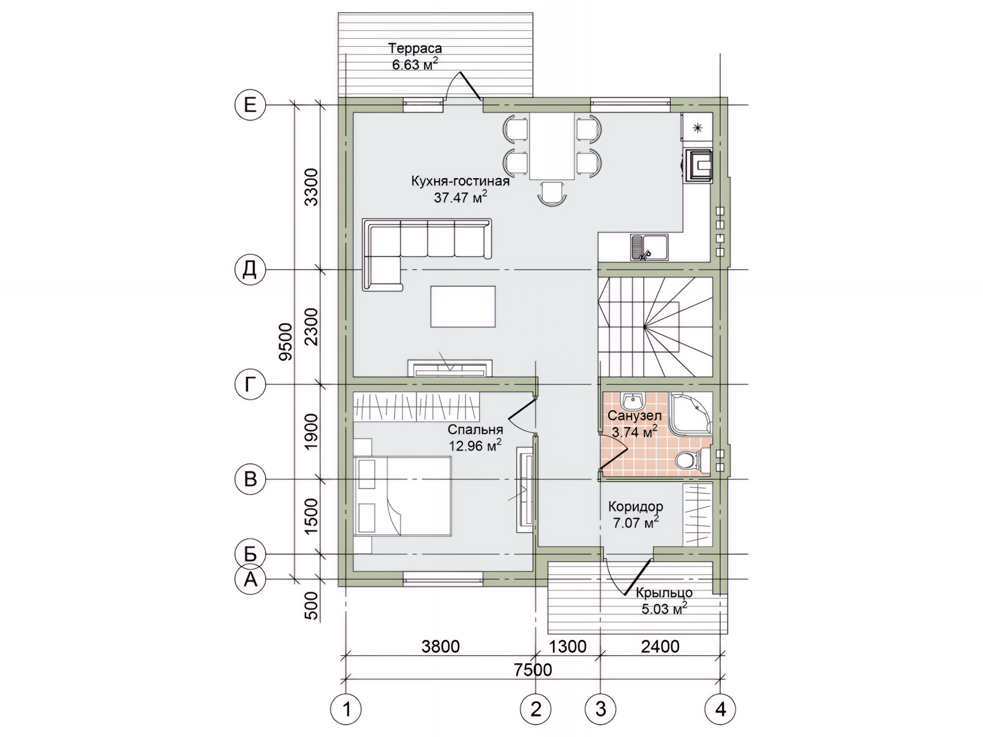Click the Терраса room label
pyautogui.click(x=415, y=49)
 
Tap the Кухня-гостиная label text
pyautogui.click(x=460, y=181)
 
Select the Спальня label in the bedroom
pyautogui.click(x=475, y=429)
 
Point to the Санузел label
pyautogui.click(x=634, y=416)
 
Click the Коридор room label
pyautogui.click(x=635, y=507)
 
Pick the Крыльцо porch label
pyautogui.click(x=664, y=593)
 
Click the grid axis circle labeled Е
pyautogui.click(x=250, y=105)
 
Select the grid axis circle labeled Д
pyautogui.click(x=250, y=269)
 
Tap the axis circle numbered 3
pyautogui.click(x=601, y=709)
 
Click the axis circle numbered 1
pyautogui.click(x=347, y=709)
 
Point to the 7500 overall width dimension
pyautogui.click(x=533, y=669)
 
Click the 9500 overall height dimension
pyautogui.click(x=286, y=342)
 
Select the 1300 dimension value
pyautogui.click(x=567, y=646)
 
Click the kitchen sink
pyautogui.click(x=649, y=248)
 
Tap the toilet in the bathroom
pyautogui.click(x=692, y=460)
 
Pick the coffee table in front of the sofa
pyautogui.click(x=463, y=307)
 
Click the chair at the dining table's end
pyautogui.click(x=552, y=193)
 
